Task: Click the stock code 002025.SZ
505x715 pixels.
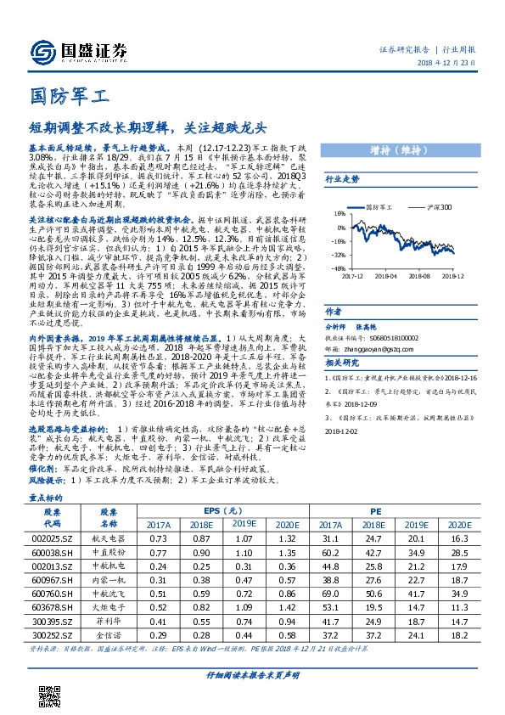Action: tap(57, 538)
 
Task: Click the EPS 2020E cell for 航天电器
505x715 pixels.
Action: tap(285, 538)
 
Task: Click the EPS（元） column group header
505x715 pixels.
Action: tap(222, 511)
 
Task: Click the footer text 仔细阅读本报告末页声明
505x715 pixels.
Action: tap(252, 698)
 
